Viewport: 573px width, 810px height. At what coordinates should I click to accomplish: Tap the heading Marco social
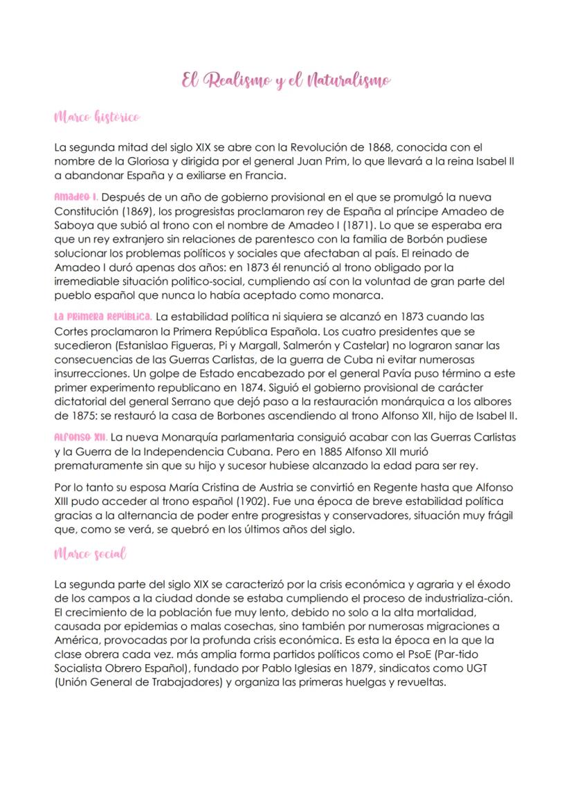[89, 555]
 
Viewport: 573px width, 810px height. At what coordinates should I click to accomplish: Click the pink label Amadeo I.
[76, 197]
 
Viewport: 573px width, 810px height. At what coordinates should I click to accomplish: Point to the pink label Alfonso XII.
[79, 437]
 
